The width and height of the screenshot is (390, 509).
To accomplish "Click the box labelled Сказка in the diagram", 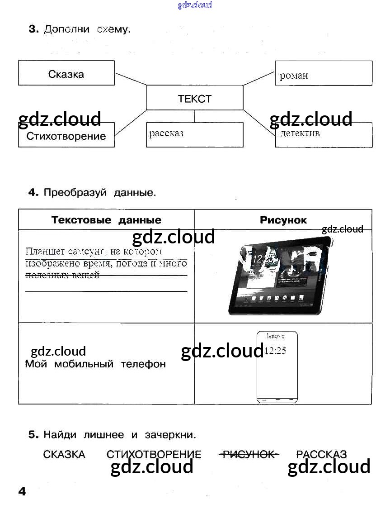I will tap(66, 73).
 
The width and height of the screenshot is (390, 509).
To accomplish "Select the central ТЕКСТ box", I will tap(195, 98).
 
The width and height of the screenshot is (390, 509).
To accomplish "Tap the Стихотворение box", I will tap(66, 136).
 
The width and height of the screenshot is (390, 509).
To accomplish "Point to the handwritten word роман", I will tap(294, 76).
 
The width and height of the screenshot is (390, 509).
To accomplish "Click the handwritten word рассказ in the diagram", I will tap(166, 133).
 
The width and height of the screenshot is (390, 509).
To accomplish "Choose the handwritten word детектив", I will tap(300, 133).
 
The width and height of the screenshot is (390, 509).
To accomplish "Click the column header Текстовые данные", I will tap(106, 220).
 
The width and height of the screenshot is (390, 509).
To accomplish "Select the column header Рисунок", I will tap(283, 220).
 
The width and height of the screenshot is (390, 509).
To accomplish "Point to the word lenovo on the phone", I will tap(276, 336).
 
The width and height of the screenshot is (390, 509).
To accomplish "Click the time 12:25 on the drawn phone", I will tap(275, 351).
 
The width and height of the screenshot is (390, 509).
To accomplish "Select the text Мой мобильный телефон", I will tap(95, 364).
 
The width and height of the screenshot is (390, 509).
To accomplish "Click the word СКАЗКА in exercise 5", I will tap(64, 454).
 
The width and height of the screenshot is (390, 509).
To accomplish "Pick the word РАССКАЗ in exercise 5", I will tap(321, 454).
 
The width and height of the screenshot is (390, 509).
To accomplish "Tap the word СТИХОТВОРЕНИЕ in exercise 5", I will tap(154, 454).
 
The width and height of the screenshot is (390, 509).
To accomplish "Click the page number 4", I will tap(22, 491).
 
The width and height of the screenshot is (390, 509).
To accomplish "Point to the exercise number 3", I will tap(33, 30).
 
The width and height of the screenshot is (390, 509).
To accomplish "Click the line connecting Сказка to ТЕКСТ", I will tap(130, 79).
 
